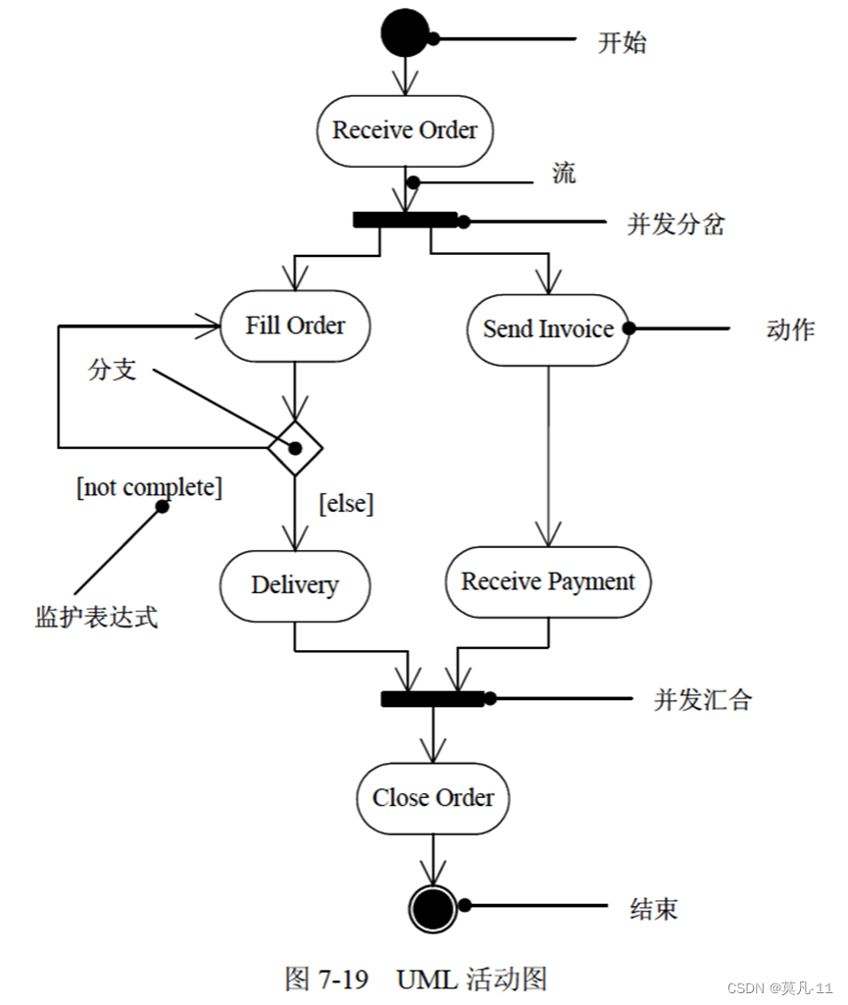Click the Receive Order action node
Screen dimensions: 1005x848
click(x=405, y=130)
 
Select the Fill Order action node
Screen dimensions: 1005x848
click(x=295, y=326)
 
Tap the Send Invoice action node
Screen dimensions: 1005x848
click(x=548, y=329)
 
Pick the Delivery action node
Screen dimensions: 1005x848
click(x=295, y=585)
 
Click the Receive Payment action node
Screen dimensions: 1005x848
click(x=548, y=581)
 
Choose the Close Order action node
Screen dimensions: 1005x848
click(x=433, y=798)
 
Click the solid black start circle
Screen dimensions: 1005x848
click(x=405, y=34)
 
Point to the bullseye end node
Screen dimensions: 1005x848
click(x=433, y=909)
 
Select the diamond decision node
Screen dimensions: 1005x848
click(x=295, y=448)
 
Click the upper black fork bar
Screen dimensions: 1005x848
click(x=405, y=220)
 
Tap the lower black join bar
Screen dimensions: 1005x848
click(x=432, y=698)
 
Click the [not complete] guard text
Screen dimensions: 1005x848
click(x=149, y=486)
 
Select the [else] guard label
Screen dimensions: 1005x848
click(x=346, y=504)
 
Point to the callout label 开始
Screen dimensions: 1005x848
click(x=623, y=43)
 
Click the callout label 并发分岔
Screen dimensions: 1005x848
click(x=675, y=224)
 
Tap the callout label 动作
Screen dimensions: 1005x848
click(x=789, y=329)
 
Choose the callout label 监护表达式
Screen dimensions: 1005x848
click(x=96, y=617)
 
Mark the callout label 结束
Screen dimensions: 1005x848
click(x=653, y=909)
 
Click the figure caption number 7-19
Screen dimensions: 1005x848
click(x=343, y=979)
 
